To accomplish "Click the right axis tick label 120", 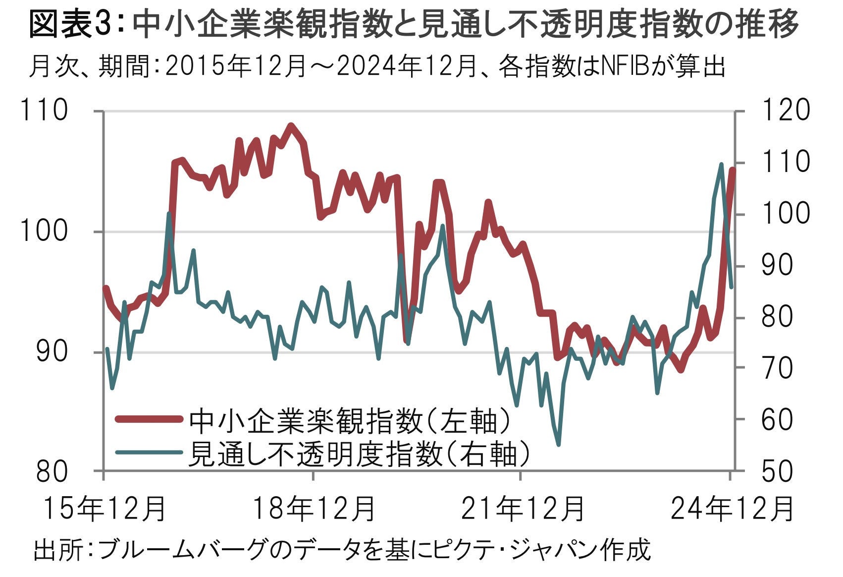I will point(785,110).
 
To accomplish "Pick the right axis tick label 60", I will point(778,419).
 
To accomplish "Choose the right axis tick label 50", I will point(778,471).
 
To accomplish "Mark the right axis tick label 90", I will point(778,265).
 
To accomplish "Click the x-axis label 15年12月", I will point(104,509).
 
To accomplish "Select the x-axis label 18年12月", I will point(314,509).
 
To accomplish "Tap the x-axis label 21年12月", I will point(523,509).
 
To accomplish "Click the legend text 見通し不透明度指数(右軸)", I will point(359,453).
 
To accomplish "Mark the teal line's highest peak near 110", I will point(721,164).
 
